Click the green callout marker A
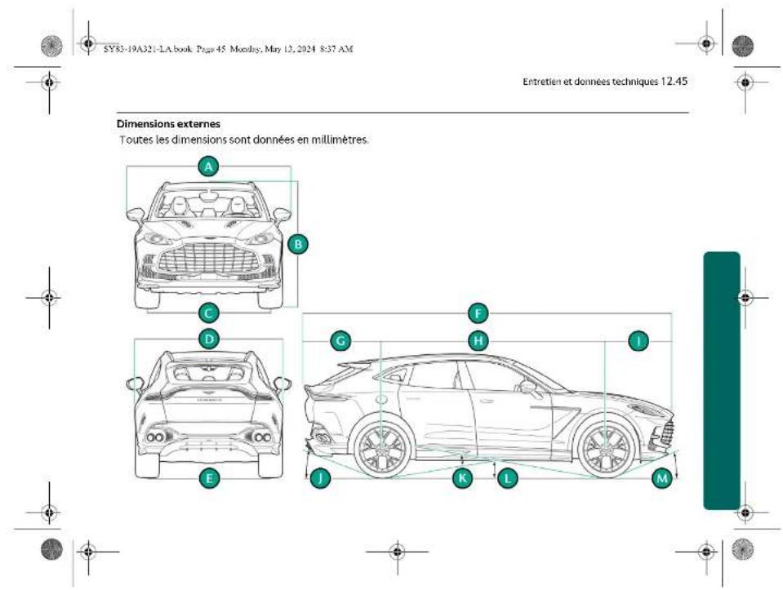pyautogui.click(x=210, y=166)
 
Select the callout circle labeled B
pyautogui.click(x=298, y=243)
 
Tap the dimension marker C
pyautogui.click(x=210, y=312)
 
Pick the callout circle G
pyautogui.click(x=341, y=341)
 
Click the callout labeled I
pyautogui.click(x=638, y=341)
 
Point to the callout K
pyautogui.click(x=463, y=478)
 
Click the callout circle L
pyautogui.click(x=509, y=478)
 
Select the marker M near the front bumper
pyautogui.click(x=663, y=478)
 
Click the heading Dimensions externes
pyautogui.click(x=168, y=124)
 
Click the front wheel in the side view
pyautogui.click(x=605, y=448)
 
